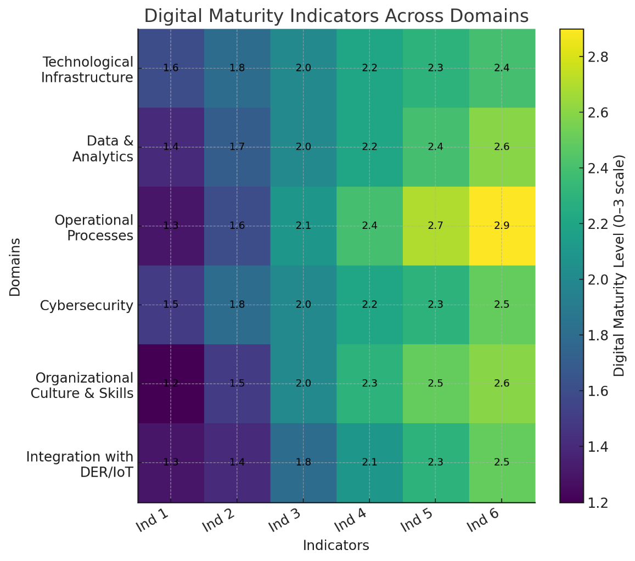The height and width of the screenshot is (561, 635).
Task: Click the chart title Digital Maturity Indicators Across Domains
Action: point(336,16)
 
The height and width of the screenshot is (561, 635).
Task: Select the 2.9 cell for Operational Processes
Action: point(502,226)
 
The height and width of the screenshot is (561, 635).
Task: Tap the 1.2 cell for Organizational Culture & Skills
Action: point(171,383)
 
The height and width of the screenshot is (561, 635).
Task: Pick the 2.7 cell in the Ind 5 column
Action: point(435,226)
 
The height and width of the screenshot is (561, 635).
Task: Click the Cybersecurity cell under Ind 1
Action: point(171,305)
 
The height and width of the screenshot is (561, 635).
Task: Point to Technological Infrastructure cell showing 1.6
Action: point(171,68)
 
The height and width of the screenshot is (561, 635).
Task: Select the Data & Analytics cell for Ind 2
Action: point(237,147)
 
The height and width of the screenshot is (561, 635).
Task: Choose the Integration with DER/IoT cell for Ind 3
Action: point(304,462)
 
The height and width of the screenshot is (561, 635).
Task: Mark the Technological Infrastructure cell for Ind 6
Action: point(502,68)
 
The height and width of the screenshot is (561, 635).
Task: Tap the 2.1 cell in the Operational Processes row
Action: point(304,226)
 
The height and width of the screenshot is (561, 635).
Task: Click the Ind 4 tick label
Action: point(351,520)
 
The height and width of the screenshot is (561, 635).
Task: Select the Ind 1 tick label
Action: point(153,520)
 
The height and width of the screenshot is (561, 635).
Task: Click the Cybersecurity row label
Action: point(87,306)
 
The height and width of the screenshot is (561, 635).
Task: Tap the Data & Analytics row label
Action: point(103,149)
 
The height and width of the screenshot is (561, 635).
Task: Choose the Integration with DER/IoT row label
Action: point(80,464)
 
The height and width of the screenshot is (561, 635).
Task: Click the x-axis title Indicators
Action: point(336,546)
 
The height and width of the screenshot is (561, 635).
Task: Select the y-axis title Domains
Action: point(15,266)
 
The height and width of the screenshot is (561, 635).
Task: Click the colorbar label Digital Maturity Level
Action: point(620,265)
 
